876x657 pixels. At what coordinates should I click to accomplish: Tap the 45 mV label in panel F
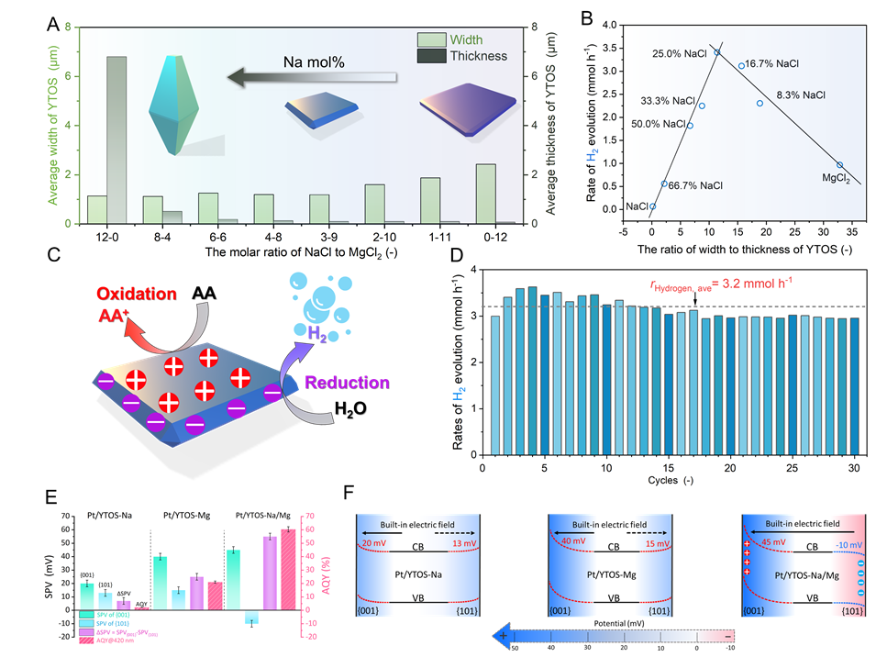pos(773,541)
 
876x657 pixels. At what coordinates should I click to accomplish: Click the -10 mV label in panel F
pos(837,542)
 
